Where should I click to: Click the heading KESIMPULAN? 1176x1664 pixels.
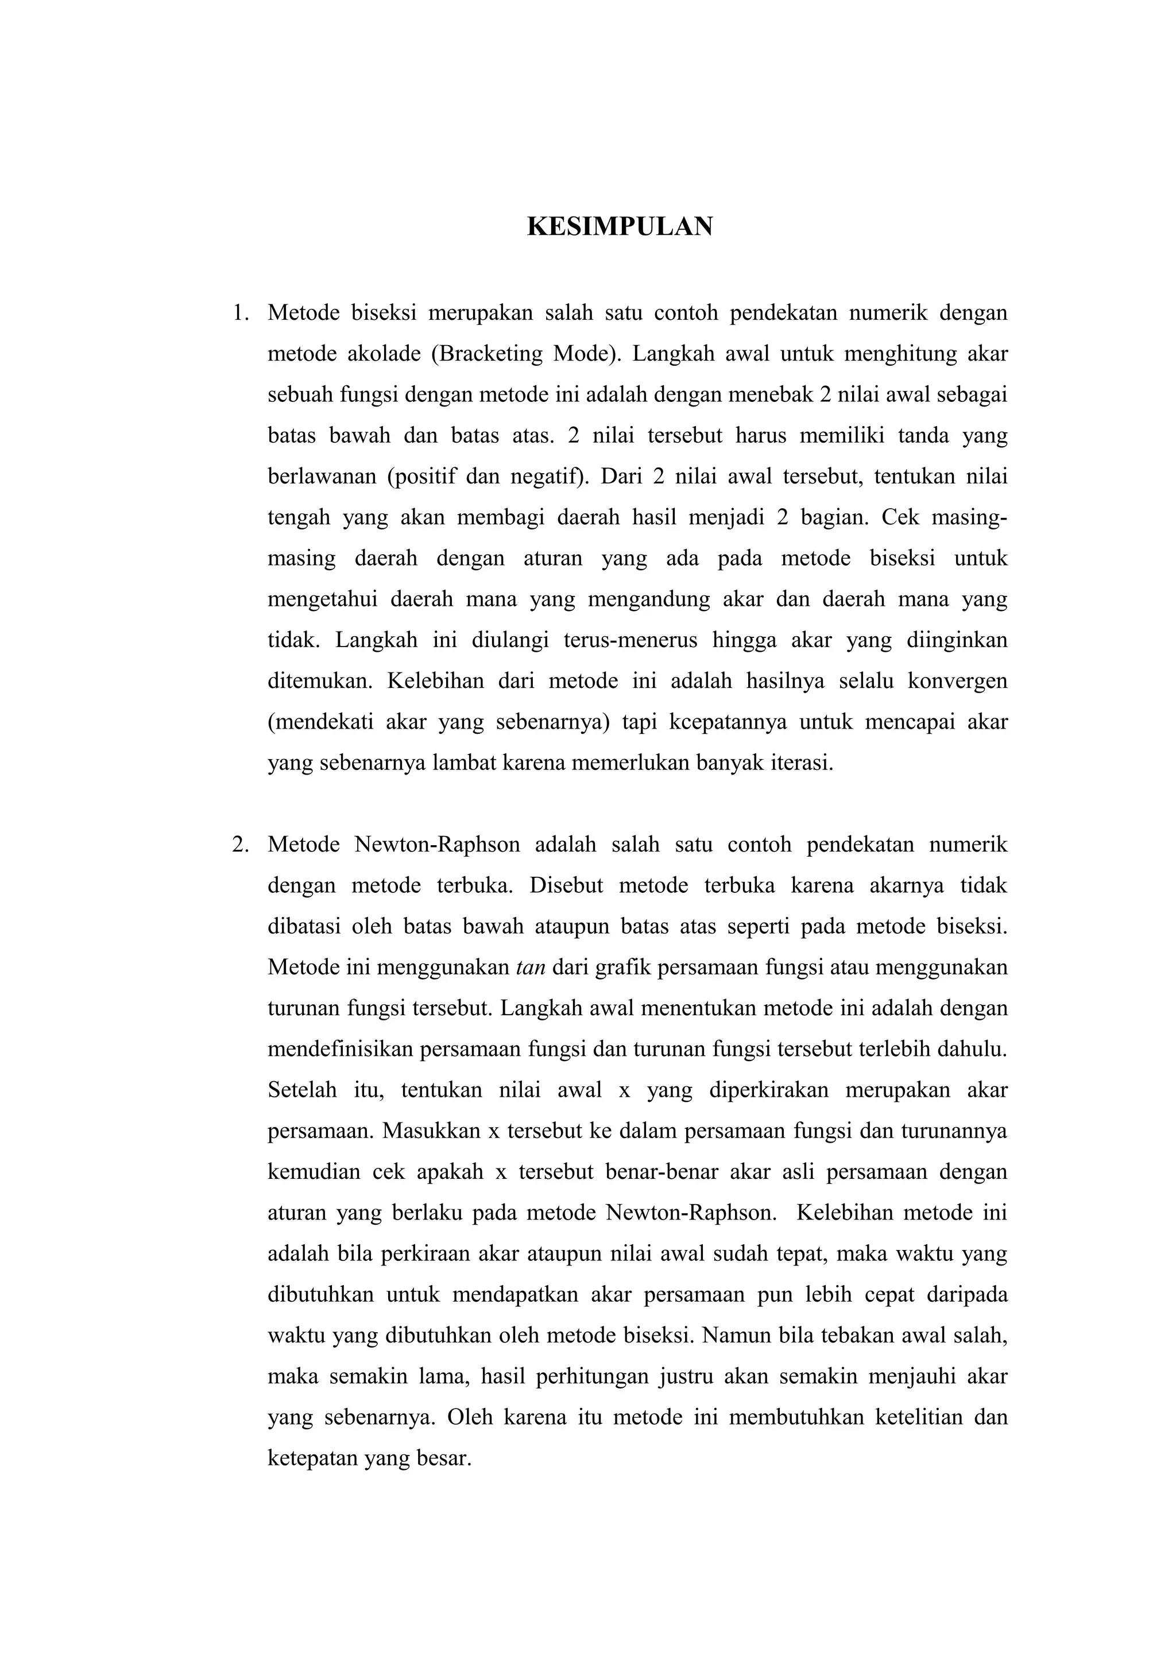click(620, 227)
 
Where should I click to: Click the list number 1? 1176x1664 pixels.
click(240, 313)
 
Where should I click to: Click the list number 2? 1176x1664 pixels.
click(240, 844)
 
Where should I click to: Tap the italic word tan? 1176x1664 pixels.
click(531, 968)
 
